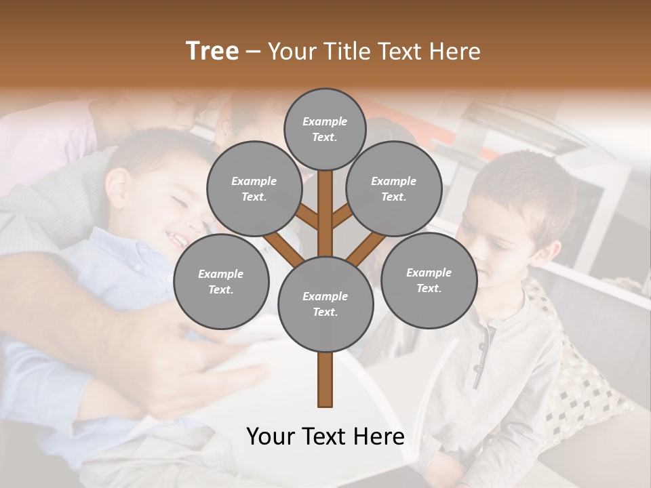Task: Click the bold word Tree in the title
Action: pyautogui.click(x=212, y=52)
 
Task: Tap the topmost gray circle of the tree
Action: pyautogui.click(x=325, y=129)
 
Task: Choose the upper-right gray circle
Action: pyautogui.click(x=394, y=188)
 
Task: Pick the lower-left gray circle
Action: pyautogui.click(x=221, y=281)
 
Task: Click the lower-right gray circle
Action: pyautogui.click(x=429, y=280)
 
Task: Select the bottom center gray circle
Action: pyautogui.click(x=325, y=304)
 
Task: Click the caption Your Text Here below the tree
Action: pyautogui.click(x=325, y=436)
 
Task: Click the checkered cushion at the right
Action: pyautogui.click(x=583, y=380)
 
